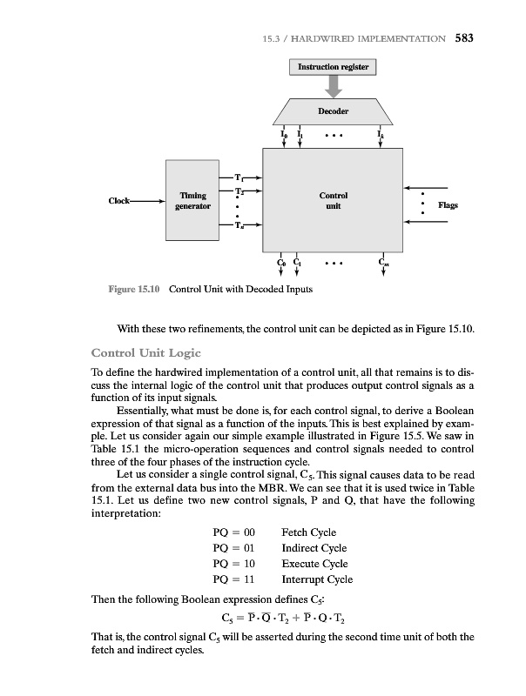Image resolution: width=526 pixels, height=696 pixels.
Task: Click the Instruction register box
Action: coord(334,67)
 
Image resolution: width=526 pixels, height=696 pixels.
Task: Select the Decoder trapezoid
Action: coord(333,112)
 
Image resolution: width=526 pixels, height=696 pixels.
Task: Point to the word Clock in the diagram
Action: coord(120,202)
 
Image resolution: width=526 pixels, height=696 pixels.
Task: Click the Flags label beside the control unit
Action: coord(448,206)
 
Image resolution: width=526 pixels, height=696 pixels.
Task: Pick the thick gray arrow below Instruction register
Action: coord(334,86)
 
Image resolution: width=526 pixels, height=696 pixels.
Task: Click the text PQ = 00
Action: coord(233,532)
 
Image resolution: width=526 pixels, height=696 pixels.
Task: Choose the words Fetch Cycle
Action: coord(309,532)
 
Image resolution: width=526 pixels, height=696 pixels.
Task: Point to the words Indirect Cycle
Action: coord(314,548)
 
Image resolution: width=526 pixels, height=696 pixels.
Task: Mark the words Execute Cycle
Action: coord(314,564)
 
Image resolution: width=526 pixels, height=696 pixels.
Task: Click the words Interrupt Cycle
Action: coord(317,579)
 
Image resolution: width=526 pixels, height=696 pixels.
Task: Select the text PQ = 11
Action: coord(233,579)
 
